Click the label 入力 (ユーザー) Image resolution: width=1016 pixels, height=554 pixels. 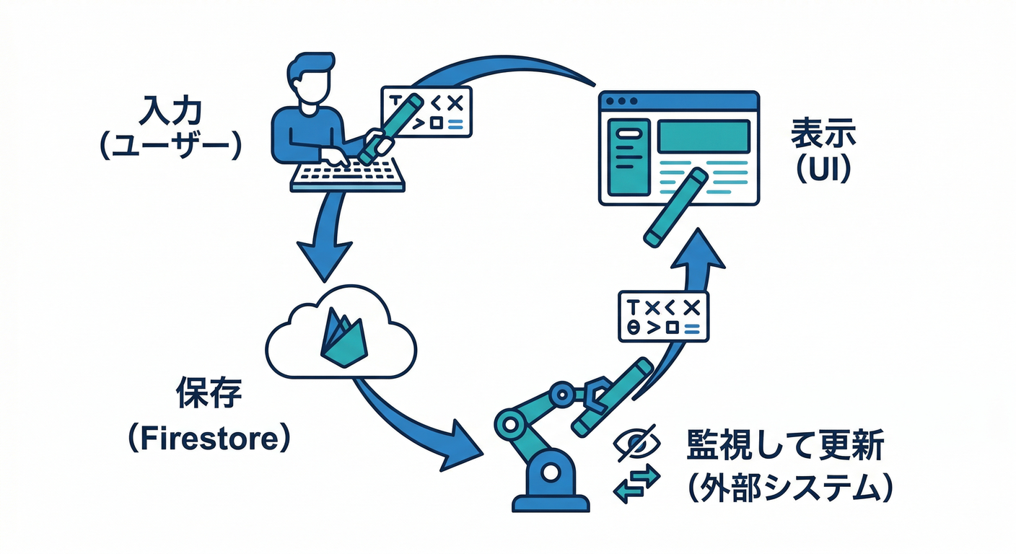171,128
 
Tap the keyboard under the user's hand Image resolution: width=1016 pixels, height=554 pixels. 347,175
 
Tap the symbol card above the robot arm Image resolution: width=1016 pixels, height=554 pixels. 663,316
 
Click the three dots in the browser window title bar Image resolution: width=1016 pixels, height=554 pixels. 623,101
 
